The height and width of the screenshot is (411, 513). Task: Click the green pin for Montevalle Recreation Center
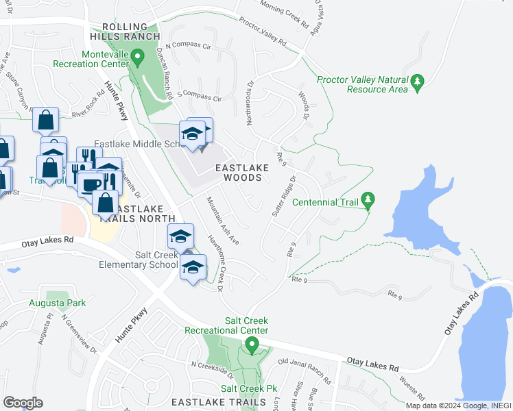[x=137, y=58]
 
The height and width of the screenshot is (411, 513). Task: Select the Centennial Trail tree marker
[x=368, y=201]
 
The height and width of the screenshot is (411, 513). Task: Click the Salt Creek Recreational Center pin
[x=252, y=345]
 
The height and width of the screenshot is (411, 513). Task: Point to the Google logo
[x=23, y=402]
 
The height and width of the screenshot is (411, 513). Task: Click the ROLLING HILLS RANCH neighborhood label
[x=123, y=29]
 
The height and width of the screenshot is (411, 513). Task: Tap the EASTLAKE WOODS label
[x=239, y=172]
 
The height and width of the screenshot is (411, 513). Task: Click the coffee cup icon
[x=90, y=184]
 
